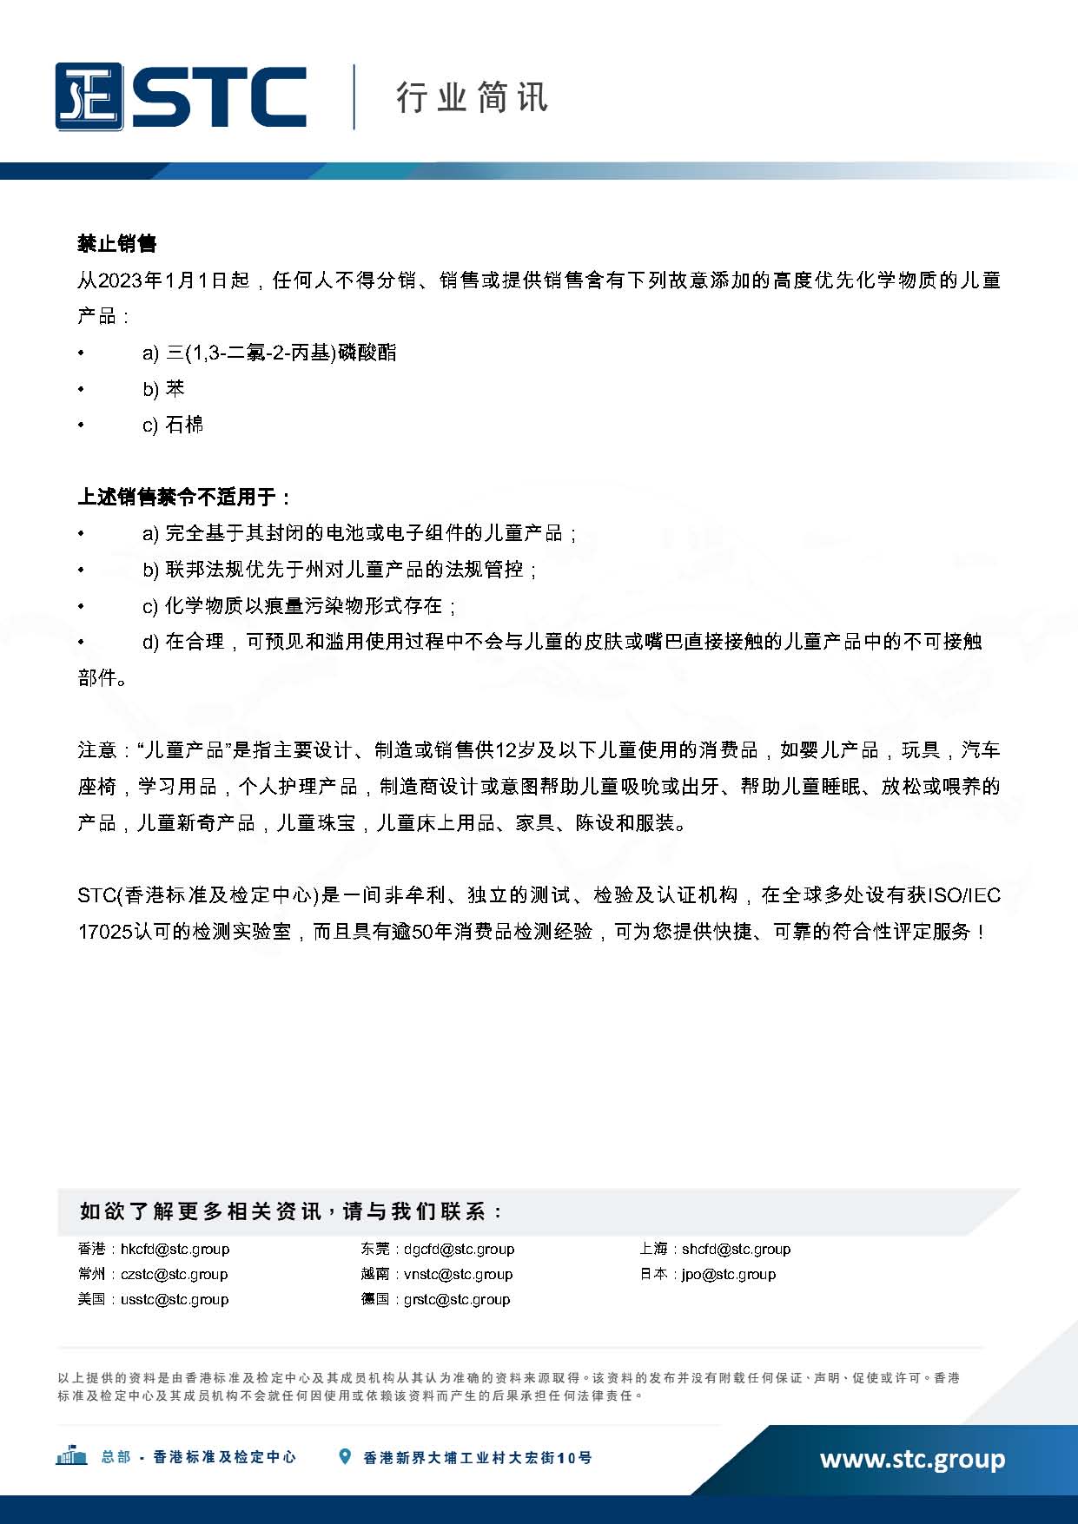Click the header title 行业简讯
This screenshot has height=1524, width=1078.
point(472,97)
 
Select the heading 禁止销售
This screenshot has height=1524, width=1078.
point(117,244)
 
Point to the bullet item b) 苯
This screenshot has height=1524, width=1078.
point(164,389)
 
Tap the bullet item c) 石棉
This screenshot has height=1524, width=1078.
point(173,425)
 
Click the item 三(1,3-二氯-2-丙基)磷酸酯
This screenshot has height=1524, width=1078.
point(281,353)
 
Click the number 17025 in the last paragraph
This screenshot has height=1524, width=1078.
point(105,932)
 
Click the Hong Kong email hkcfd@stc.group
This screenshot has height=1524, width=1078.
point(175,1249)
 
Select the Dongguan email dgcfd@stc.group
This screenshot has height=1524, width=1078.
point(459,1249)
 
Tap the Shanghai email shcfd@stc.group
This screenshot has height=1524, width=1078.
point(736,1249)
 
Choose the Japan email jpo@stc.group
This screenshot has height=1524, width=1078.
point(728,1274)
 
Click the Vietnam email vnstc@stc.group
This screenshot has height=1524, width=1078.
point(458,1274)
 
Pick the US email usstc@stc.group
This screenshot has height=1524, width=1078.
point(175,1299)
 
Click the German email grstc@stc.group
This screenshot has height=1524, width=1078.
point(457,1299)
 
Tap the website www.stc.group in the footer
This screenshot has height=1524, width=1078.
point(912,1458)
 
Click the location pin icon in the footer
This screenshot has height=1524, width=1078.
point(345,1457)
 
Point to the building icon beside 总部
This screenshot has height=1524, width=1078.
point(71,1456)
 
